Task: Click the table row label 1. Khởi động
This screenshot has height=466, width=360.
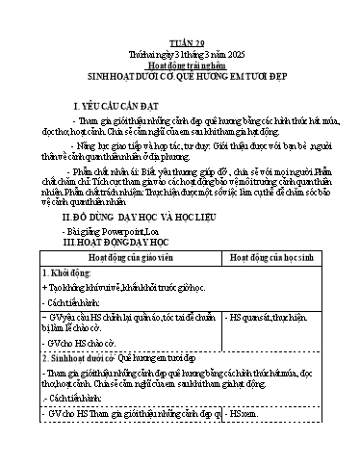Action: pyautogui.click(x=65, y=276)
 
